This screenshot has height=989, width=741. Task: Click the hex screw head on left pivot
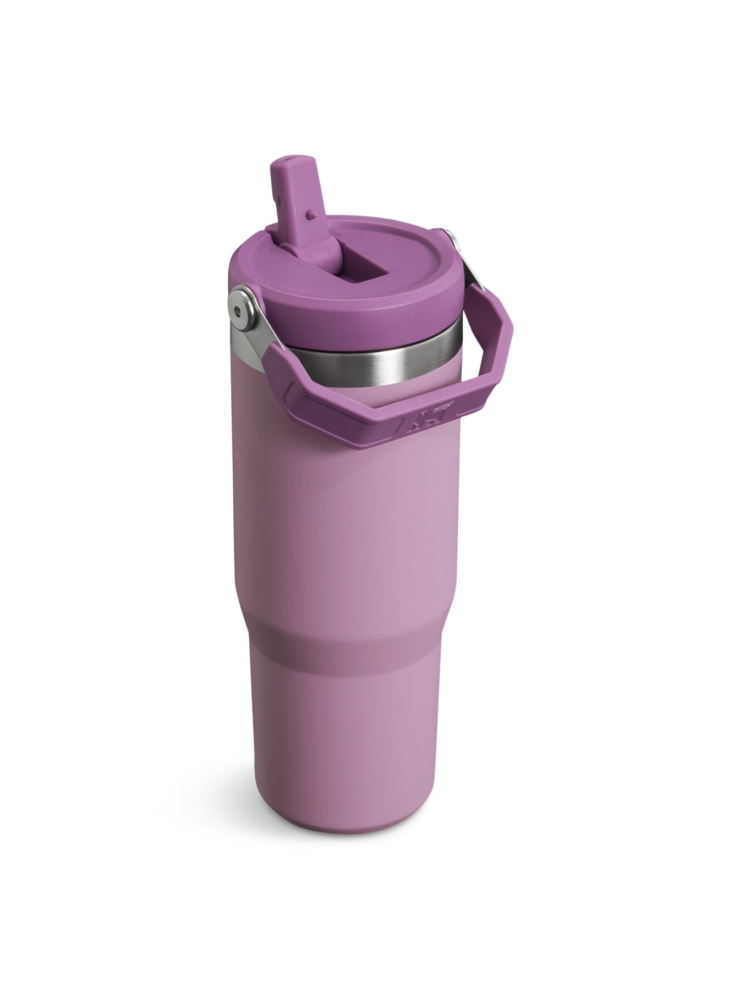237,310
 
